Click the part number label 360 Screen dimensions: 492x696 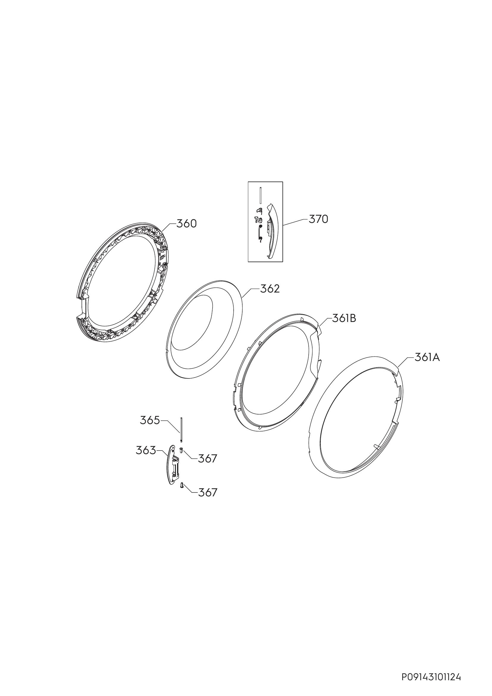[186, 224]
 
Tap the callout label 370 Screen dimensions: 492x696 [318, 219]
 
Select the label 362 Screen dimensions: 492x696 [270, 289]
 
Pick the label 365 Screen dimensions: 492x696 [150, 420]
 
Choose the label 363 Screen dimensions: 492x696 [146, 451]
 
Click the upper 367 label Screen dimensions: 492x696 [208, 459]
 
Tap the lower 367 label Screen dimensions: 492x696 [208, 492]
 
